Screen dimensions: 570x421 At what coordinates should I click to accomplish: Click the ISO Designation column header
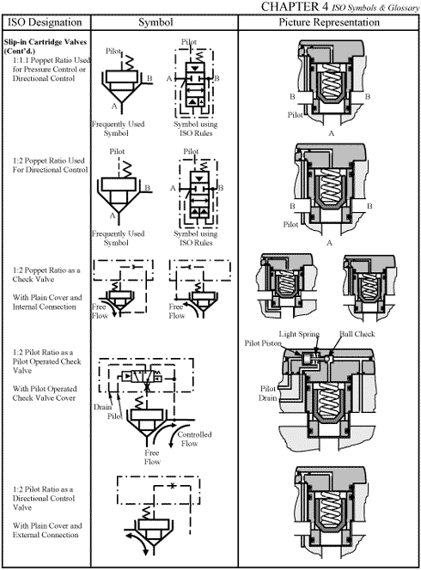click(46, 21)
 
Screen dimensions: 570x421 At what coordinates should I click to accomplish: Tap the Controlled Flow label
click(194, 439)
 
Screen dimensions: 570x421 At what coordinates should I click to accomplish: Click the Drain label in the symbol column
click(104, 407)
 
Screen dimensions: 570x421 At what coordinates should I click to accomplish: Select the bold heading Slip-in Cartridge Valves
click(42, 45)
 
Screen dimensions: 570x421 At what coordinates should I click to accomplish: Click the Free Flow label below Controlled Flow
click(152, 456)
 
